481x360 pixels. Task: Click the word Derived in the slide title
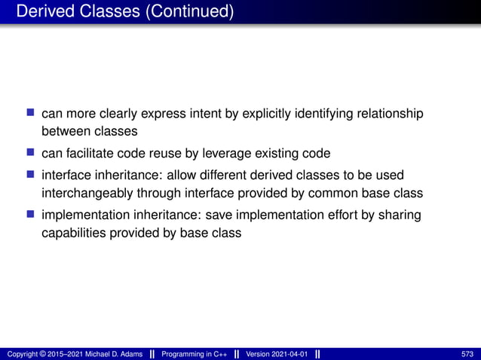tap(44, 12)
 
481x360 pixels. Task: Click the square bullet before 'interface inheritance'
tap(31, 173)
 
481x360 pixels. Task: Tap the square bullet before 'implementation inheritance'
tap(31, 213)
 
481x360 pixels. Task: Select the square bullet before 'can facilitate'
tap(31, 153)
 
